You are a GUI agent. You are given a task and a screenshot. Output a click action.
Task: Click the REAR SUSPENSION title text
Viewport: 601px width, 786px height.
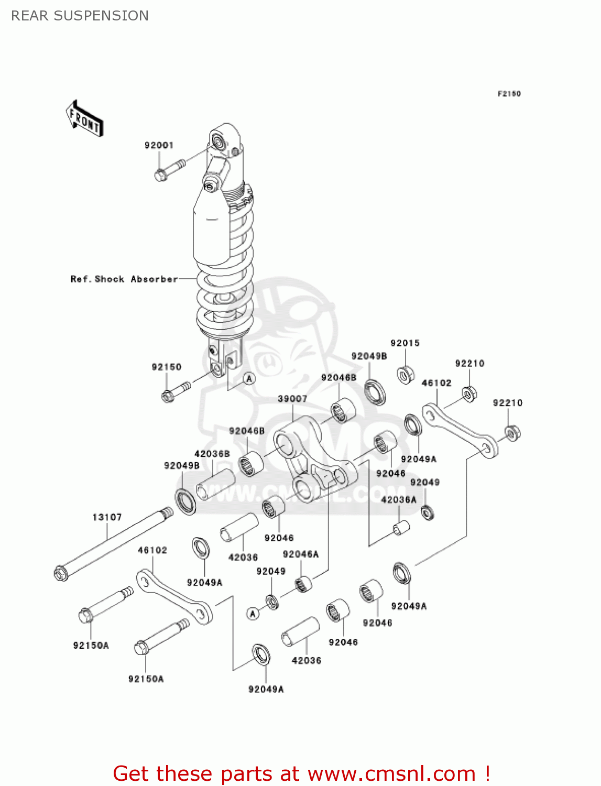point(80,16)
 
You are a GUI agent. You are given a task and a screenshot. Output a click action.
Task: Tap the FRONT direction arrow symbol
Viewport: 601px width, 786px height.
point(84,119)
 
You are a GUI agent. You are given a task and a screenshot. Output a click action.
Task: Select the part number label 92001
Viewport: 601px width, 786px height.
point(159,145)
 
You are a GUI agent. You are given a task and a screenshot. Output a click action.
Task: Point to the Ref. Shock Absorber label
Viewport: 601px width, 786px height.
point(124,279)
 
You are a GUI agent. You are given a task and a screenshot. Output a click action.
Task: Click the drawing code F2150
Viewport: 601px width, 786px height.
point(509,94)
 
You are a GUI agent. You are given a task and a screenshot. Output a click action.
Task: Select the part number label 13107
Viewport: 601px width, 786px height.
point(107,517)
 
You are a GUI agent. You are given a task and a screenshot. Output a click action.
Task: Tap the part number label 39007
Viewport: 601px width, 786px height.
point(292,399)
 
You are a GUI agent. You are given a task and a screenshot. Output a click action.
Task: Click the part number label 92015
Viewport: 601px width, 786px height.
point(405,343)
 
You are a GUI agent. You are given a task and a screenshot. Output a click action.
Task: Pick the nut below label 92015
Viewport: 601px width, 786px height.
point(406,375)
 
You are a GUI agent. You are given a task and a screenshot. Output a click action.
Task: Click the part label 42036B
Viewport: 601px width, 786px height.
point(212,454)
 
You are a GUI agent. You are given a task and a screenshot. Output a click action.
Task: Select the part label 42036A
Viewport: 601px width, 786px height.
point(398,499)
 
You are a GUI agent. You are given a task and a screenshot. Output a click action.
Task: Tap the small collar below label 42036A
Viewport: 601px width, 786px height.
point(401,528)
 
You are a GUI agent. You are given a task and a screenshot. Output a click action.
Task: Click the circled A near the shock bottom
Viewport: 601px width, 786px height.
point(249,378)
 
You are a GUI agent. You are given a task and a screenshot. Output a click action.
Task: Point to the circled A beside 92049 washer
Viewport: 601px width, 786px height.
point(253,613)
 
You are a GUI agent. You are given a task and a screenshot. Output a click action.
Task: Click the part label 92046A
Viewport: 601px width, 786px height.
point(300,554)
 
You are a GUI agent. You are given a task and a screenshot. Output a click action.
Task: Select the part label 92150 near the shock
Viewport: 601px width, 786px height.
point(166,367)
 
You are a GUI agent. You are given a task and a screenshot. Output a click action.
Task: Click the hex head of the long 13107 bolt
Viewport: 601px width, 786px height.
point(61,573)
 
